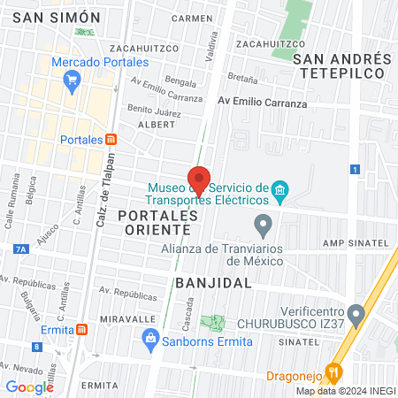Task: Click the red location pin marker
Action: coord(199,180)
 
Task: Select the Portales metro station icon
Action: coord(111,139)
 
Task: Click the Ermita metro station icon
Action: coord(82,329)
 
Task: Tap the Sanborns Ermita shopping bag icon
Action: coord(150,337)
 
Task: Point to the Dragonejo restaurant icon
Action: coord(333,371)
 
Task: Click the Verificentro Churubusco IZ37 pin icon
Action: coord(356,312)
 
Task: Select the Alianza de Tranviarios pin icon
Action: coord(262,223)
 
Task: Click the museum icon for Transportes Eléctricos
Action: coord(280,191)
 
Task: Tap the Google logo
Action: coord(29,387)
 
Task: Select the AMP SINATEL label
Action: coord(356,242)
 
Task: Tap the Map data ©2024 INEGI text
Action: coord(345,391)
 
